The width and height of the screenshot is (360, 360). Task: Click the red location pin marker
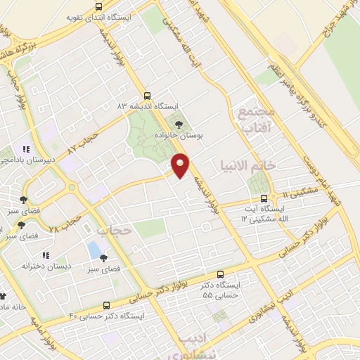181,166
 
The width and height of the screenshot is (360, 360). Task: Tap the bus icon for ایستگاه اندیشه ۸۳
147,95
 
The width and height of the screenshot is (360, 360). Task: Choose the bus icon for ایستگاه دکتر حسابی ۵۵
221,274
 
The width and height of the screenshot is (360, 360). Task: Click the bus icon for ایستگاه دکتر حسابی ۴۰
106,306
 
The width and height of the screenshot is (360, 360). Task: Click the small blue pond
94,249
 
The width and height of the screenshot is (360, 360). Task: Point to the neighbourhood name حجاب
114,230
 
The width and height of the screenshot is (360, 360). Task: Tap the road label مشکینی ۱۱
296,195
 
